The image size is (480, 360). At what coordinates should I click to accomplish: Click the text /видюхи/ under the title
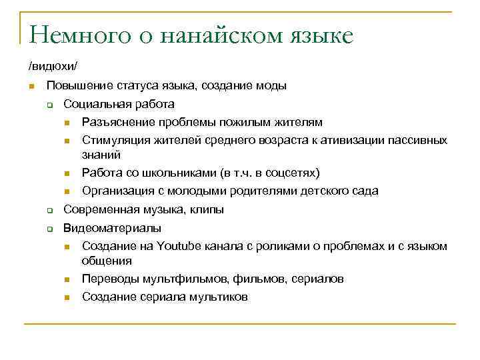(47, 67)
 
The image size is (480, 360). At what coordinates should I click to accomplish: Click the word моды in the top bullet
(272, 86)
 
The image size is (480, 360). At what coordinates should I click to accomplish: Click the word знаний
(101, 154)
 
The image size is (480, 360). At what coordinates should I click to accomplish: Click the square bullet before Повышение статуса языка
(31, 87)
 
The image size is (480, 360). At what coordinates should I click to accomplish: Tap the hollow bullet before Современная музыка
(49, 210)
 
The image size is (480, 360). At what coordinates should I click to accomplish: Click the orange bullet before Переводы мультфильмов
(67, 279)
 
